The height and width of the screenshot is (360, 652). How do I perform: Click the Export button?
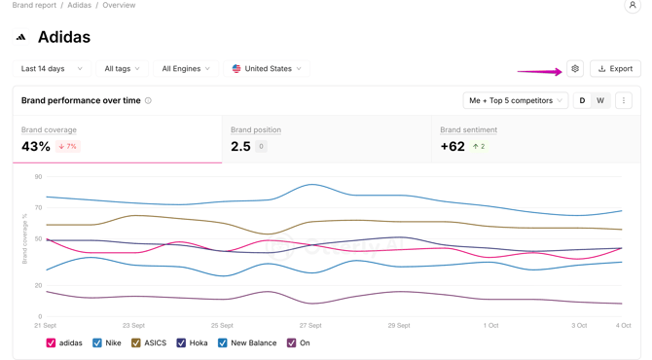click(615, 68)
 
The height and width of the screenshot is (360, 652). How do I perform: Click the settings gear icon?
click(575, 68)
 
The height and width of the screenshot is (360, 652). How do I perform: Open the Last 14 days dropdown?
click(52, 68)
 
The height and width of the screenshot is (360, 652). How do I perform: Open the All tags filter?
click(122, 68)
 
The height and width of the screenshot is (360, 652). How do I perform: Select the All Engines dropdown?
click(186, 68)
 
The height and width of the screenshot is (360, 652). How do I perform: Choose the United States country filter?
click(267, 68)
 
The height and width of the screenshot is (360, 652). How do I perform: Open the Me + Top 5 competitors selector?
click(516, 100)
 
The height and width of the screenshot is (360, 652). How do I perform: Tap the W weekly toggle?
click(600, 100)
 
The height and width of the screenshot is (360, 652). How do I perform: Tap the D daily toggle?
click(582, 100)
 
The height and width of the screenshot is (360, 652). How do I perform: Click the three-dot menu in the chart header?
click(624, 100)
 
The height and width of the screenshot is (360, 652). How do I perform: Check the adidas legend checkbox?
click(51, 342)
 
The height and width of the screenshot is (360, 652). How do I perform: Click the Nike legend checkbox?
click(97, 342)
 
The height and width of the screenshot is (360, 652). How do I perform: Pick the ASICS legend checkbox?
click(136, 342)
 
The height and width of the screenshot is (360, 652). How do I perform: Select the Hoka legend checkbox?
click(181, 342)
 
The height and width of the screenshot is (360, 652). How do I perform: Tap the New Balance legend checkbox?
click(223, 342)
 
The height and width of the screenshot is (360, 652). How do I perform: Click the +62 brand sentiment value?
click(453, 146)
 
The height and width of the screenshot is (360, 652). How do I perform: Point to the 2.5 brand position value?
click(240, 146)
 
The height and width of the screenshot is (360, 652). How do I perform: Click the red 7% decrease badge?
click(68, 146)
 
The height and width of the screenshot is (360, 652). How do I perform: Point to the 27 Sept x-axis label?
click(310, 326)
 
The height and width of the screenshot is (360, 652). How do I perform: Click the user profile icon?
click(633, 6)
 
